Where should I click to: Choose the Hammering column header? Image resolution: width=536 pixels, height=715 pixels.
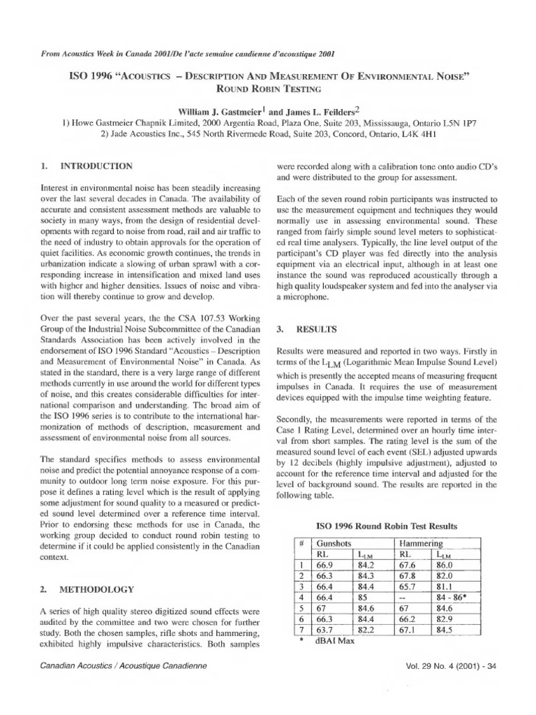419,542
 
